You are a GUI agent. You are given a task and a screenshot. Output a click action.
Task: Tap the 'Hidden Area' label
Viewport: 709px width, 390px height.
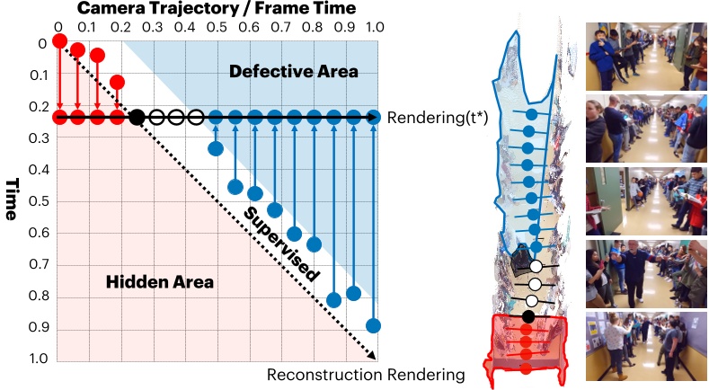[x=160, y=282]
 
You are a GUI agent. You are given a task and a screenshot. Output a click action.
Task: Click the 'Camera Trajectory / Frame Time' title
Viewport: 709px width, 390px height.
[x=217, y=9]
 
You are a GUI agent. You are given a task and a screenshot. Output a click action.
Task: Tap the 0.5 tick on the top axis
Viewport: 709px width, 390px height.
[x=216, y=27]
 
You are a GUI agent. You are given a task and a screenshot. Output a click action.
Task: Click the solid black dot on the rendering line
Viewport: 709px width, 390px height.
[x=137, y=117]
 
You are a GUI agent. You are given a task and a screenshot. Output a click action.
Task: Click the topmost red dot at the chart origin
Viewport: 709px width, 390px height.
[x=59, y=41]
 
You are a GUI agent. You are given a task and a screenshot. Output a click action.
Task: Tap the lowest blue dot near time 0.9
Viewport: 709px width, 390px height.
[x=374, y=325]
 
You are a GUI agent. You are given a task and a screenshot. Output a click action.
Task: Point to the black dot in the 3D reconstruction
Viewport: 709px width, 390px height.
[x=528, y=316]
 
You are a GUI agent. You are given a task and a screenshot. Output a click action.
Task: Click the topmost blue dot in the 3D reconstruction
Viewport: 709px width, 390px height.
[x=531, y=115]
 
